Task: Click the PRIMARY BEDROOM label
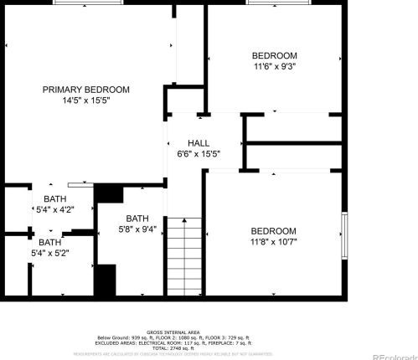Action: (86, 90)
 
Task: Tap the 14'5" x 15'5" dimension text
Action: (86, 100)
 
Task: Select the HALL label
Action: (199, 143)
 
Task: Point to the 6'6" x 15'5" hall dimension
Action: (199, 153)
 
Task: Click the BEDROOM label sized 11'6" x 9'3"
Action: (274, 55)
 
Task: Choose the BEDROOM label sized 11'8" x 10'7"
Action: (274, 231)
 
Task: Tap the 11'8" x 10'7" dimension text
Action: (274, 242)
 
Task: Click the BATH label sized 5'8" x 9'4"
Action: (137, 218)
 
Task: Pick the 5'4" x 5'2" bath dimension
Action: (49, 252)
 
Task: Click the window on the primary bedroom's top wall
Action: (90, 3)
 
